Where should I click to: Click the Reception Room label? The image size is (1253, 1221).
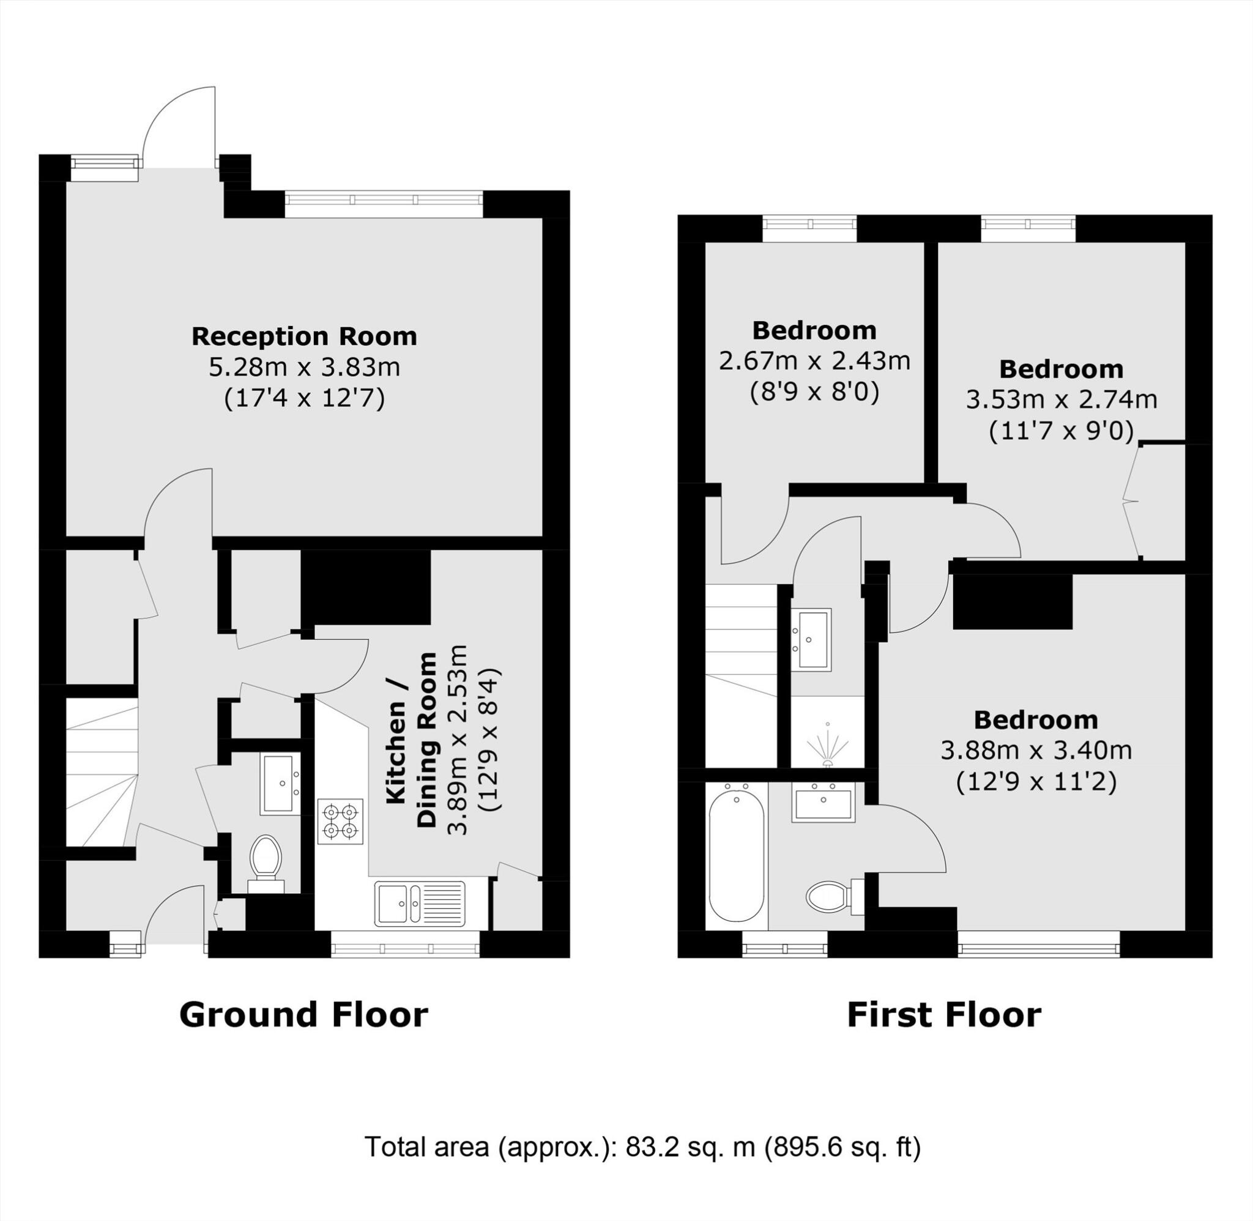(304, 336)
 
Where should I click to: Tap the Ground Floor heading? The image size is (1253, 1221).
(303, 1015)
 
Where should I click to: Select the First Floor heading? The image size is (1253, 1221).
(944, 1015)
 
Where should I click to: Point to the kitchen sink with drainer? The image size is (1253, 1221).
(421, 904)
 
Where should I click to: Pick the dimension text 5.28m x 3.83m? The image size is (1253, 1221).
(304, 368)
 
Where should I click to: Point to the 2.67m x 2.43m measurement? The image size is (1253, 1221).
(814, 361)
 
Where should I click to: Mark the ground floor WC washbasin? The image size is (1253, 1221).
(280, 784)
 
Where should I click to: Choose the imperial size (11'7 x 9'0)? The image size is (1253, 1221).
(1062, 431)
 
